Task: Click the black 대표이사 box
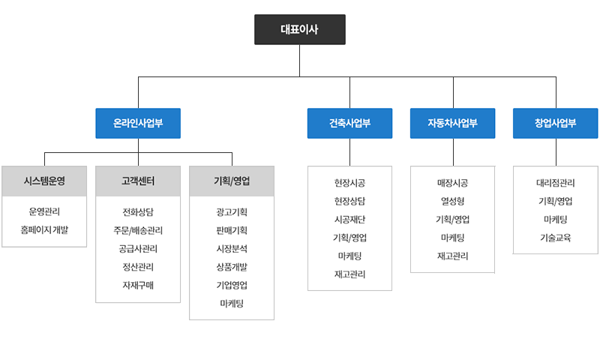coord(300,29)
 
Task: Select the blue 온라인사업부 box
coord(138,123)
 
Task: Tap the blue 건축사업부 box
coord(349,123)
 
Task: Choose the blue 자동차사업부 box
coord(453,123)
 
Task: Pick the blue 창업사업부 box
coord(555,123)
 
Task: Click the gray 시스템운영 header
coord(44,181)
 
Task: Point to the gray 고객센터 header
coord(138,181)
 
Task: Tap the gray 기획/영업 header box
coord(232,181)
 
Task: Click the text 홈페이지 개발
coord(44,230)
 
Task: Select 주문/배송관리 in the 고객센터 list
coord(138,230)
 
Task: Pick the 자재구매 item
coord(138,286)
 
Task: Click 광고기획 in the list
coord(232,212)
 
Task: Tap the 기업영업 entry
coord(232,286)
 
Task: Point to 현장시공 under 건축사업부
coord(349,183)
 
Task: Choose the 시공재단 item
coord(349,220)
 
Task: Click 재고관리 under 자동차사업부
coord(453,256)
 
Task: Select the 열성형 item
coord(453,201)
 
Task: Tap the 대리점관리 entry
coord(556,183)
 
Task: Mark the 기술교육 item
coord(556,238)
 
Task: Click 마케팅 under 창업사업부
coord(556,220)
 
